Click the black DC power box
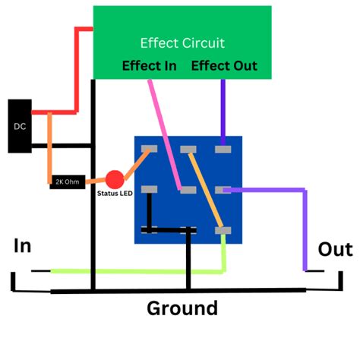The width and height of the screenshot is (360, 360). (19, 125)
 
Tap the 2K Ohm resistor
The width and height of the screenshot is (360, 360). (67, 182)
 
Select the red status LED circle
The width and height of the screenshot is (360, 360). (114, 180)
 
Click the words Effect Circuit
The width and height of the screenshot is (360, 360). (182, 43)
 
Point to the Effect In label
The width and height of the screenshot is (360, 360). (149, 66)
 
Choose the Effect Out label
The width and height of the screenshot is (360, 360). (224, 66)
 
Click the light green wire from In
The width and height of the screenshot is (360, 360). (137, 270)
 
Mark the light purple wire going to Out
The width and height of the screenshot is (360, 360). (305, 228)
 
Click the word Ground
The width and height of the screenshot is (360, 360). (182, 308)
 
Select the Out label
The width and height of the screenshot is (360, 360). (335, 249)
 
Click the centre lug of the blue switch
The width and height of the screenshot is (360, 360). (187, 189)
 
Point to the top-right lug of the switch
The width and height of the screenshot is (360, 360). (222, 149)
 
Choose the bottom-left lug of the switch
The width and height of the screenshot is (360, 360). (150, 229)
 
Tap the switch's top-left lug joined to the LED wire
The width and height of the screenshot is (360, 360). (150, 149)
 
